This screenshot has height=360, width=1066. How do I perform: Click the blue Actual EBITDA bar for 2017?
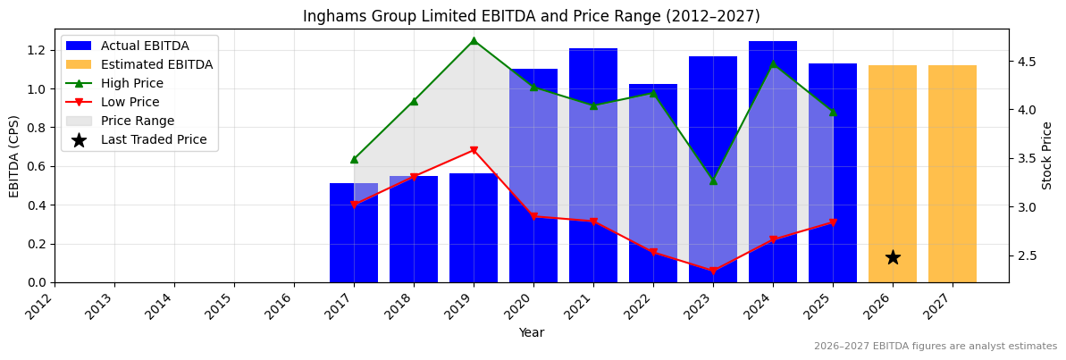coord(354,233)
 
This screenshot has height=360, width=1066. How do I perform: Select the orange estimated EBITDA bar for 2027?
coord(953,174)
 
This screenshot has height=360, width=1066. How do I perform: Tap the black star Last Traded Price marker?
coord(893,257)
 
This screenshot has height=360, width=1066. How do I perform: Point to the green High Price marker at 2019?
coord(474,40)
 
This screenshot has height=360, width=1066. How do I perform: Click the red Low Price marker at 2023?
coord(713,272)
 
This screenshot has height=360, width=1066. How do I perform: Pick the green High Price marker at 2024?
coord(773,63)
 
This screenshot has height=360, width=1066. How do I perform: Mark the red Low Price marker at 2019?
coord(474,150)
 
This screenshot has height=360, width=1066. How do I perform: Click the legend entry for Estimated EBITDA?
coord(156,64)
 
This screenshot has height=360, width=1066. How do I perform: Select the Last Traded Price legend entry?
coord(154,139)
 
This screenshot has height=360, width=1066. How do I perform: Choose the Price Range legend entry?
coord(138,121)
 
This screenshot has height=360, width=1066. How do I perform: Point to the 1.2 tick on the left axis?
coord(38,50)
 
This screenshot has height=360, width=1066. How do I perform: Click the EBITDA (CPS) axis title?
coord(14,156)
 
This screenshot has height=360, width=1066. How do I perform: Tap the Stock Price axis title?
coord(1047,155)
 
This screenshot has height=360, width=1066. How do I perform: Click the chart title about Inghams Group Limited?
coord(532,16)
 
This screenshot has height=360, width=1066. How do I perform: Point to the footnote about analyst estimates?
coord(935,347)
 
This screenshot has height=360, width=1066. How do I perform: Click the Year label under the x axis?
coord(532,333)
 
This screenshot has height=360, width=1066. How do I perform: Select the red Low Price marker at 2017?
coord(354,205)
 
